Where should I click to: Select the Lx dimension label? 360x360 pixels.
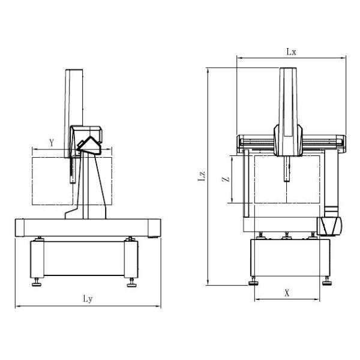point(291,52)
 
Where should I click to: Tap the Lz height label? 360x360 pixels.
point(202,176)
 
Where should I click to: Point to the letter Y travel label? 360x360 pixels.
point(52,143)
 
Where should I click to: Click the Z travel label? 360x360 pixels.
point(223,179)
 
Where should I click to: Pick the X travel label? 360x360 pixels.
point(287,293)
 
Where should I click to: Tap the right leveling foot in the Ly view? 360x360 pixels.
point(131,281)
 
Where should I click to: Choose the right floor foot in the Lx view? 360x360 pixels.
point(326,280)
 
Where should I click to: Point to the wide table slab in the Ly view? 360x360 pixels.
point(88,228)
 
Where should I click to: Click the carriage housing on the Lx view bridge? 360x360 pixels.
point(287,140)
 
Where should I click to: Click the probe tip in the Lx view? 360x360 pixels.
point(287,179)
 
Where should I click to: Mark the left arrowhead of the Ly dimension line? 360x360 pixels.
point(17,307)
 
